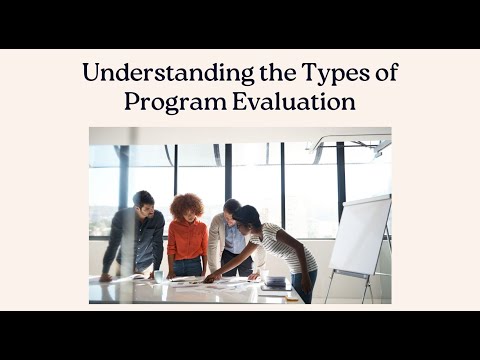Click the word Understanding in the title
click(141, 73)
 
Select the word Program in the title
click(169, 101)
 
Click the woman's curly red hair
click(186, 205)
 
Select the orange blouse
click(187, 241)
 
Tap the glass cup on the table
click(158, 274)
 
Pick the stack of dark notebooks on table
click(276, 283)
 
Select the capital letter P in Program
click(131, 101)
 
